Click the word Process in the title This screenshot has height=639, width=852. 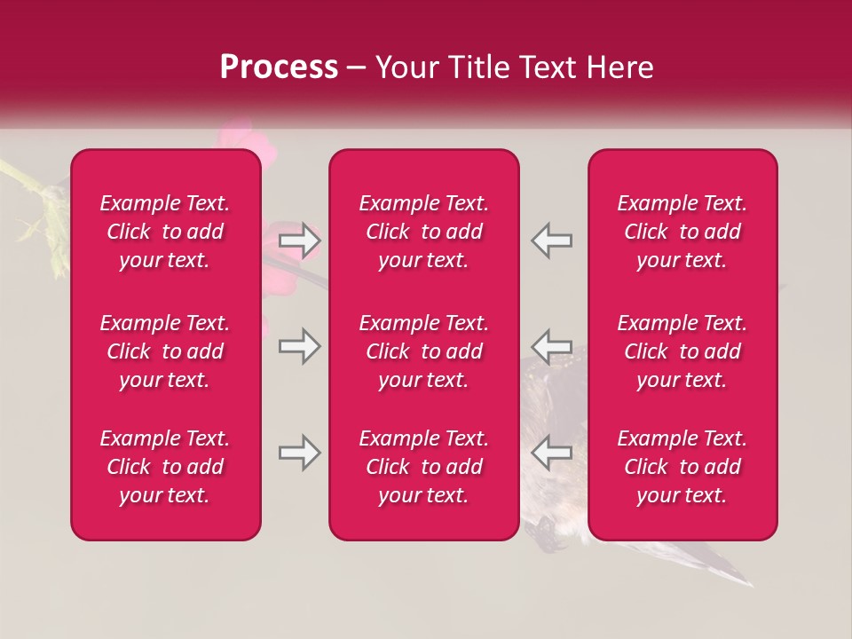point(279,67)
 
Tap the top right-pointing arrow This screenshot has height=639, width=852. point(299,241)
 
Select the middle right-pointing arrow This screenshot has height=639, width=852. point(299,346)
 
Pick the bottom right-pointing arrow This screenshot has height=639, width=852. point(299,453)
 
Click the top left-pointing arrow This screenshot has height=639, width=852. point(552,241)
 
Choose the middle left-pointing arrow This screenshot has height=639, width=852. point(552,346)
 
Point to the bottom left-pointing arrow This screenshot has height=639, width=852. point(552,453)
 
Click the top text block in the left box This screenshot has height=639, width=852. point(165,232)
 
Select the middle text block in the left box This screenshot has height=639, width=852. point(165,351)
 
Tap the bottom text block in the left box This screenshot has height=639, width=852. point(165,467)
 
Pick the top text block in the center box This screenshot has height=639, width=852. point(424,232)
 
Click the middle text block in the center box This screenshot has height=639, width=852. point(424,351)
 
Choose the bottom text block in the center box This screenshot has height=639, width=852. point(424,467)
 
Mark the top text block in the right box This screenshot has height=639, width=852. point(682,232)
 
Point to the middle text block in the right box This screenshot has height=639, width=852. point(682,351)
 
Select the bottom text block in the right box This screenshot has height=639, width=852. point(682,467)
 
